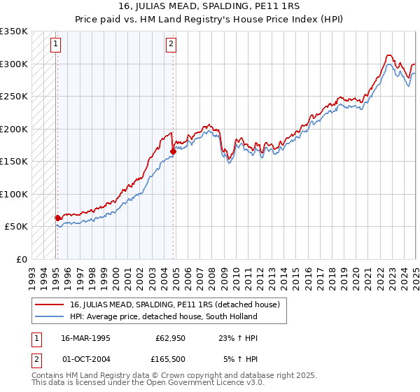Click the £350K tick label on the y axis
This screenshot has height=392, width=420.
coord(14,31)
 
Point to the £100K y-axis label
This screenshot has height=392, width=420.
coord(14,194)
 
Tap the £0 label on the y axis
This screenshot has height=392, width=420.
coord(21,259)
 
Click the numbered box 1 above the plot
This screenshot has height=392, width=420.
coord(55,44)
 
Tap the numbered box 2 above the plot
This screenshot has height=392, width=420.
coord(171,44)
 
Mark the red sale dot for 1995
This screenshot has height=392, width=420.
coord(57,218)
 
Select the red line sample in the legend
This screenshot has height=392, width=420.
coord(49,304)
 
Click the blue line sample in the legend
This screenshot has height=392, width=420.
coord(49,316)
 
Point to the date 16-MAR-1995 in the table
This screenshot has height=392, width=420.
coord(85,337)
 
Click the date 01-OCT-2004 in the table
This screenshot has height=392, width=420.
coord(85,360)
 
